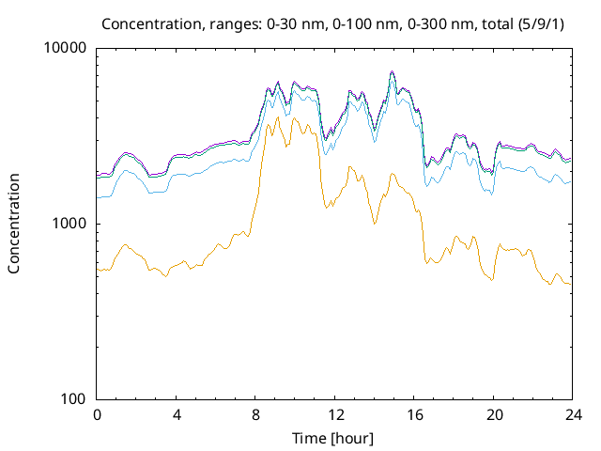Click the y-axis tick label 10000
[66, 49]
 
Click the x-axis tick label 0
[97, 414]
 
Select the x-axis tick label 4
[177, 414]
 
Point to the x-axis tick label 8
[255, 414]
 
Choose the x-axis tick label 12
[335, 414]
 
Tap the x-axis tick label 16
[415, 414]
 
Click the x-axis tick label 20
[494, 414]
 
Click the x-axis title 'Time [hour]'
[335, 438]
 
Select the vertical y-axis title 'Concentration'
[14, 224]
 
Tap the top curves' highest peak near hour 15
[393, 72]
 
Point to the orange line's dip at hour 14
[374, 224]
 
